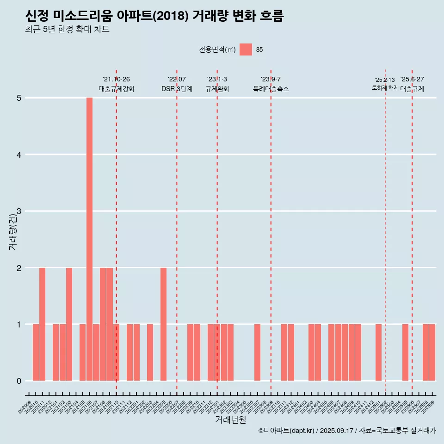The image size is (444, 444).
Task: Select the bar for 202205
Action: click(163, 324)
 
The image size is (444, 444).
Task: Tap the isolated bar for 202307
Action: click(257, 352)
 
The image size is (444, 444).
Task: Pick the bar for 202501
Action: click(378, 352)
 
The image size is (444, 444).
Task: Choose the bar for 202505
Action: click(405, 352)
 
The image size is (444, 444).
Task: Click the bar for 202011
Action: click(42, 324)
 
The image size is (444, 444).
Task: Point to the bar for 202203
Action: click(150, 352)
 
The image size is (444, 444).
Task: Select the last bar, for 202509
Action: click(432, 352)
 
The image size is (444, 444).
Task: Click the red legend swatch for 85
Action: click(246, 49)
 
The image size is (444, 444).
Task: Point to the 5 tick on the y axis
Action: click(19, 98)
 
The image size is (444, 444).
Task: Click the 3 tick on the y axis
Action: click(19, 211)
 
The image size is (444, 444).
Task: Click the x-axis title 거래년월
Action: click(230, 419)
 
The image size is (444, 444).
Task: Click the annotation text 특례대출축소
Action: click(271, 89)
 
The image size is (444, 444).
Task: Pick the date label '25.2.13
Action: click(385, 80)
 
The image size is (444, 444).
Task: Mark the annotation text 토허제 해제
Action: click(385, 88)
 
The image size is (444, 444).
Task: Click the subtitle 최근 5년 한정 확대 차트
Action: click(68, 30)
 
